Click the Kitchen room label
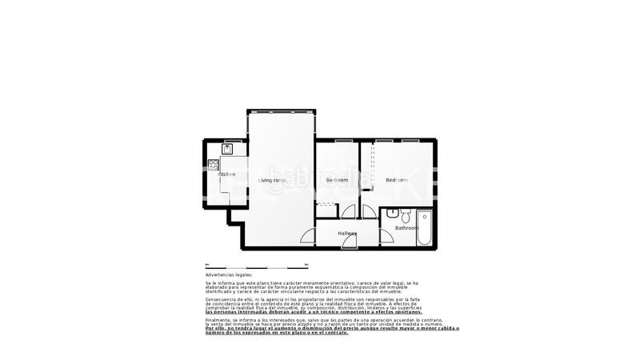tap(226, 174)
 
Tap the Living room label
tap(272, 180)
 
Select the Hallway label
tap(347, 233)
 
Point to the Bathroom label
tap(406, 228)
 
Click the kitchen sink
tap(227, 149)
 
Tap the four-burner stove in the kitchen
tap(214, 165)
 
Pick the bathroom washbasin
tap(392, 214)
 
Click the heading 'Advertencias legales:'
tap(228, 274)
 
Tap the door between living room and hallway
tap(307, 236)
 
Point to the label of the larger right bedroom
tap(397, 180)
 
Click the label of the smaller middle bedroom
tap(337, 180)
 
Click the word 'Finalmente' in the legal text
tap(218, 318)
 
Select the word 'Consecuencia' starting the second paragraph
tap(222, 301)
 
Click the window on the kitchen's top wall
tap(227, 139)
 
